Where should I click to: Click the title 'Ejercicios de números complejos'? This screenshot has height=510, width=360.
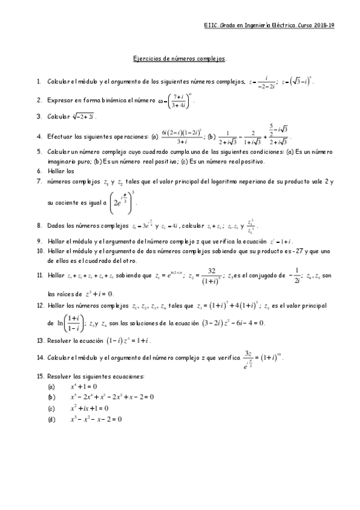[x=179, y=59]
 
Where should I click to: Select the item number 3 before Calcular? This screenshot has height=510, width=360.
[x=39, y=116]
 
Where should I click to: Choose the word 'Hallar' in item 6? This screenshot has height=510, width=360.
[x=56, y=170]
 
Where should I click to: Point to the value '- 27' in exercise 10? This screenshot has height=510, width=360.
[x=320, y=251]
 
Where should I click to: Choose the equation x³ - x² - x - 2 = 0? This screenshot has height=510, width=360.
[x=96, y=419]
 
